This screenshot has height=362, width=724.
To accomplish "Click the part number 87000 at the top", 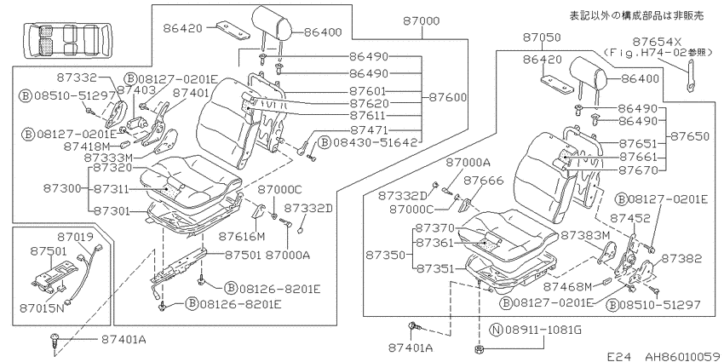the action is pos(421,20).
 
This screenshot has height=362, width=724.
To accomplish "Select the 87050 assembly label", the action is pos(542,37).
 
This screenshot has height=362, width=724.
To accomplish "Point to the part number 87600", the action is pos(448,97).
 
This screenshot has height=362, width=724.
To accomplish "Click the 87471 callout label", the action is pos(369,130).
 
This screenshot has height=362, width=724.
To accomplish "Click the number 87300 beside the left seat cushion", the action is pos(62,188).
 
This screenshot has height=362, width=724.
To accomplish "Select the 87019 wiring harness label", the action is pos(75,237).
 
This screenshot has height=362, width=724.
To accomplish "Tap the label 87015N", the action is pos(42,307).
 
